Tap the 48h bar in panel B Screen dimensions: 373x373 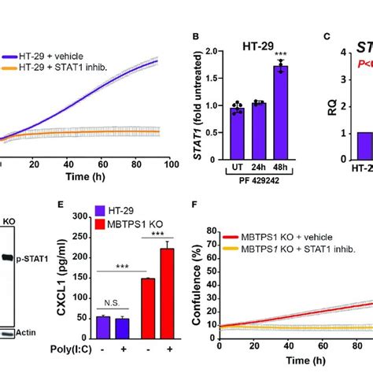point(279,111)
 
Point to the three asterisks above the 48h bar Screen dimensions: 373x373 point(280,54)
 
